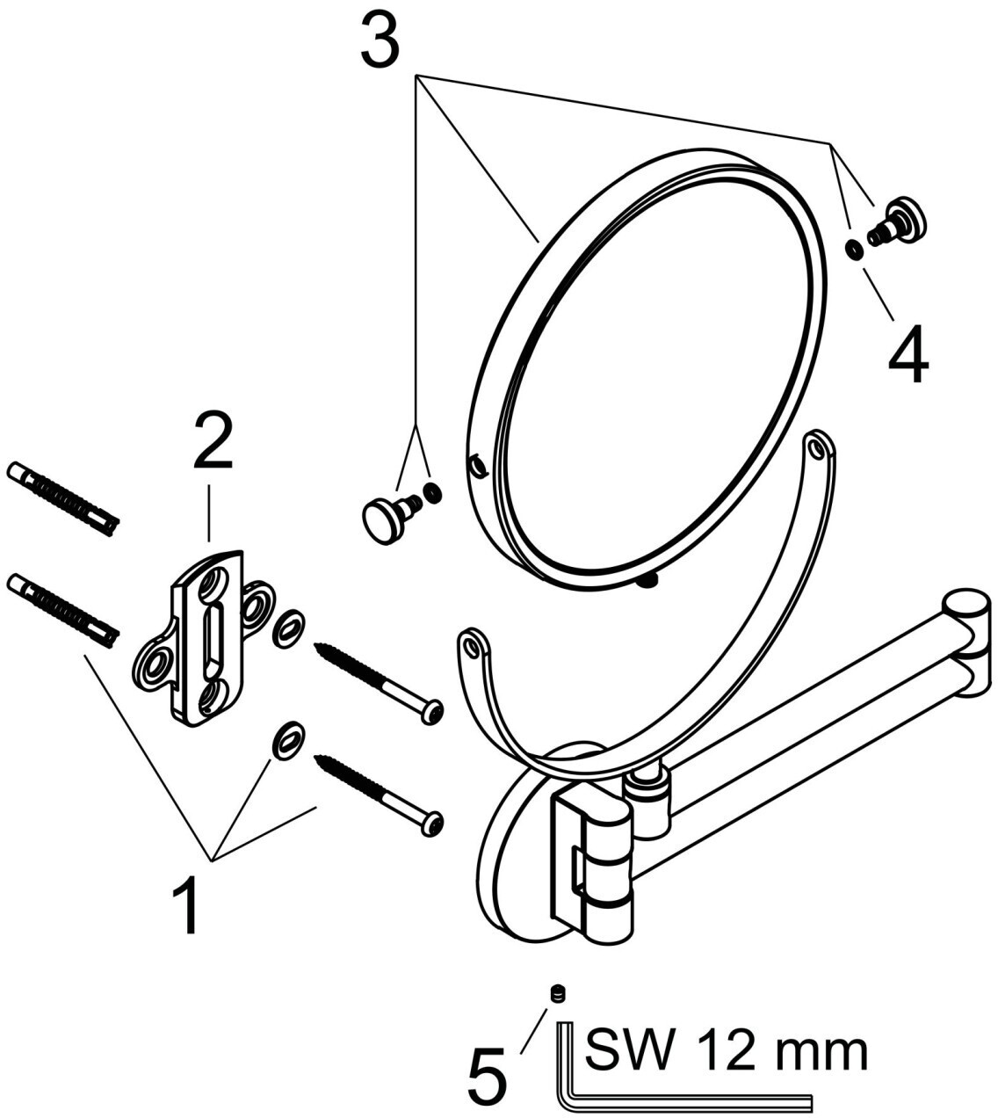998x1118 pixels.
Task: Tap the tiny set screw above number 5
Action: tap(555, 994)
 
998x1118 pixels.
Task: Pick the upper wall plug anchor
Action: tap(61, 497)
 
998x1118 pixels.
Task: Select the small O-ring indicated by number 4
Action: tap(853, 249)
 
